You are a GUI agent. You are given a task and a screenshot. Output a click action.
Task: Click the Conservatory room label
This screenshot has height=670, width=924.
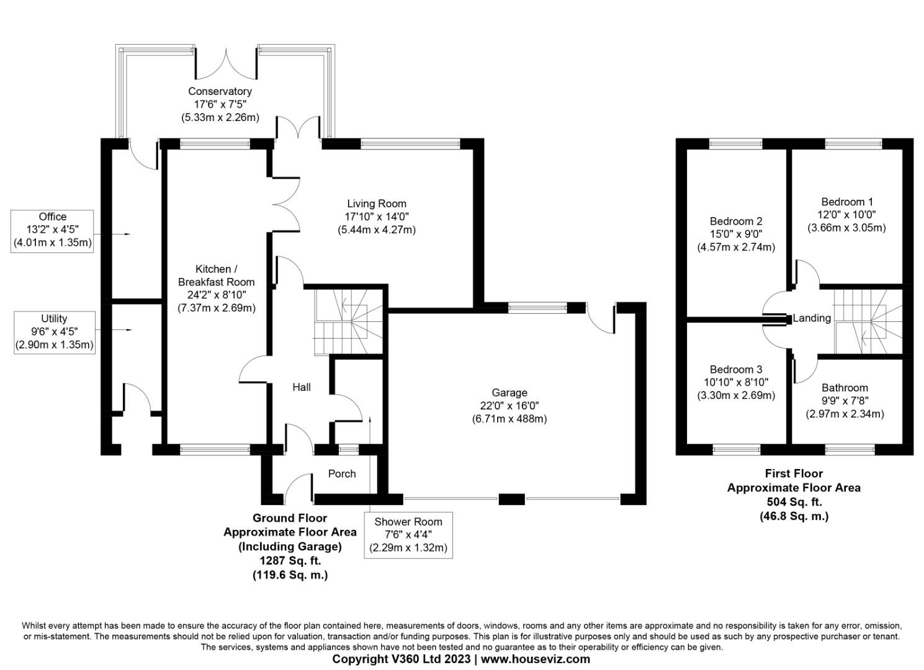pyautogui.click(x=220, y=92)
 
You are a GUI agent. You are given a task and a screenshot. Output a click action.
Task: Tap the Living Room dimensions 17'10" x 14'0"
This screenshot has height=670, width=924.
pyautogui.click(x=377, y=217)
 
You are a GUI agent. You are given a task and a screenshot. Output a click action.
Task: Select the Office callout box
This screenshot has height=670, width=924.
pyautogui.click(x=53, y=230)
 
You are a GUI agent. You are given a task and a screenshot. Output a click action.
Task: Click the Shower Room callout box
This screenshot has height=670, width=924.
pyautogui.click(x=408, y=535)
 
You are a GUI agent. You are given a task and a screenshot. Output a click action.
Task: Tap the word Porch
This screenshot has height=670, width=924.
pyautogui.click(x=341, y=474)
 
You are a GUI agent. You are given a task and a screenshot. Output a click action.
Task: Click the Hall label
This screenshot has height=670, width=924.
pyautogui.click(x=302, y=387)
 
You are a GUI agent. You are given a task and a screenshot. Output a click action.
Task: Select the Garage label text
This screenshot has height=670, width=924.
pyautogui.click(x=509, y=393)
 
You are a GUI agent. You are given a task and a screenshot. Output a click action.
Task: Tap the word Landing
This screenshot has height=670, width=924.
pyautogui.click(x=812, y=318)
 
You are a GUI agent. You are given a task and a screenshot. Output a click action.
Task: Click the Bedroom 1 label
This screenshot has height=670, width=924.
pyautogui.click(x=847, y=202)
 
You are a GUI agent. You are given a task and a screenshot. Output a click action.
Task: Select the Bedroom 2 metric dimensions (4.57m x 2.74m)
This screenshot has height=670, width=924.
pyautogui.click(x=736, y=247)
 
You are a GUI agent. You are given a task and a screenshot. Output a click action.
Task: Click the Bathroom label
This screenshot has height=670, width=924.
pyautogui.click(x=845, y=388)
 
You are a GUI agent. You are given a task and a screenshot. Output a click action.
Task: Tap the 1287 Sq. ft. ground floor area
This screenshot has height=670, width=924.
pyautogui.click(x=290, y=561)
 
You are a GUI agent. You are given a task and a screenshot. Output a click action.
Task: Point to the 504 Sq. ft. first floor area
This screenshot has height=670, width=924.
pyautogui.click(x=794, y=502)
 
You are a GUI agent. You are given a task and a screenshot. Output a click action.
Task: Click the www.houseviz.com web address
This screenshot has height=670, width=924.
pyautogui.click(x=536, y=659)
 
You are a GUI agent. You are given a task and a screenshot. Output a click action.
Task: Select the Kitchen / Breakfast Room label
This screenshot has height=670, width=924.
pyautogui.click(x=217, y=275)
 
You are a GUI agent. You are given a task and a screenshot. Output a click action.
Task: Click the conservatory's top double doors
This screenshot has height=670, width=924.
pyautogui.click(x=227, y=60)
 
